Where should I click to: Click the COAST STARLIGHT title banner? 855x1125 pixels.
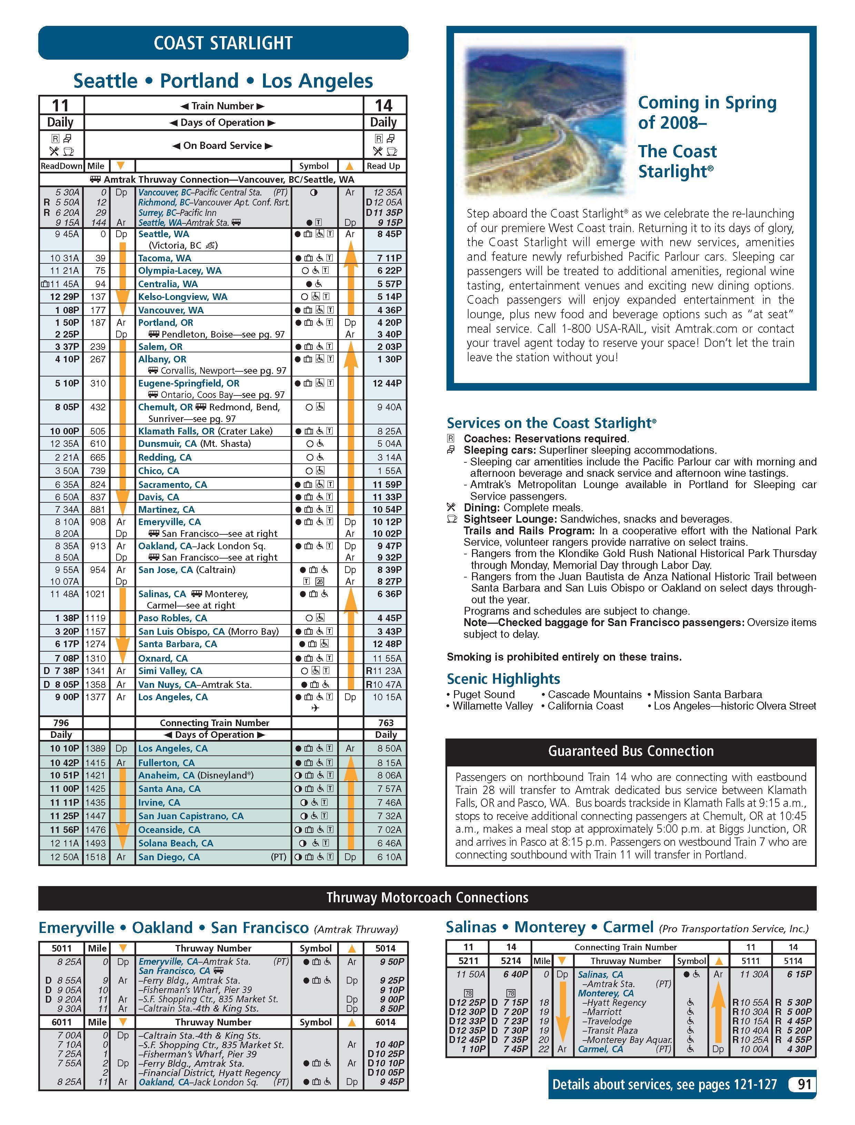click(x=223, y=43)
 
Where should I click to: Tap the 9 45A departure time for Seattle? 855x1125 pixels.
click(x=64, y=234)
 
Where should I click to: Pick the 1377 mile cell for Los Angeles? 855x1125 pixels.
click(x=96, y=697)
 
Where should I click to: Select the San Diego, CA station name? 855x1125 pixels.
click(x=169, y=857)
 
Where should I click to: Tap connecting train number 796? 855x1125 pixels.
click(x=61, y=723)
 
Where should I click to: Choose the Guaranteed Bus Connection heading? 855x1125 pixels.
click(x=631, y=751)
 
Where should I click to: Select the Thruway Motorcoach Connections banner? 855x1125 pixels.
click(x=427, y=897)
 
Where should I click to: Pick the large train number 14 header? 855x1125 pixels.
click(x=384, y=105)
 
